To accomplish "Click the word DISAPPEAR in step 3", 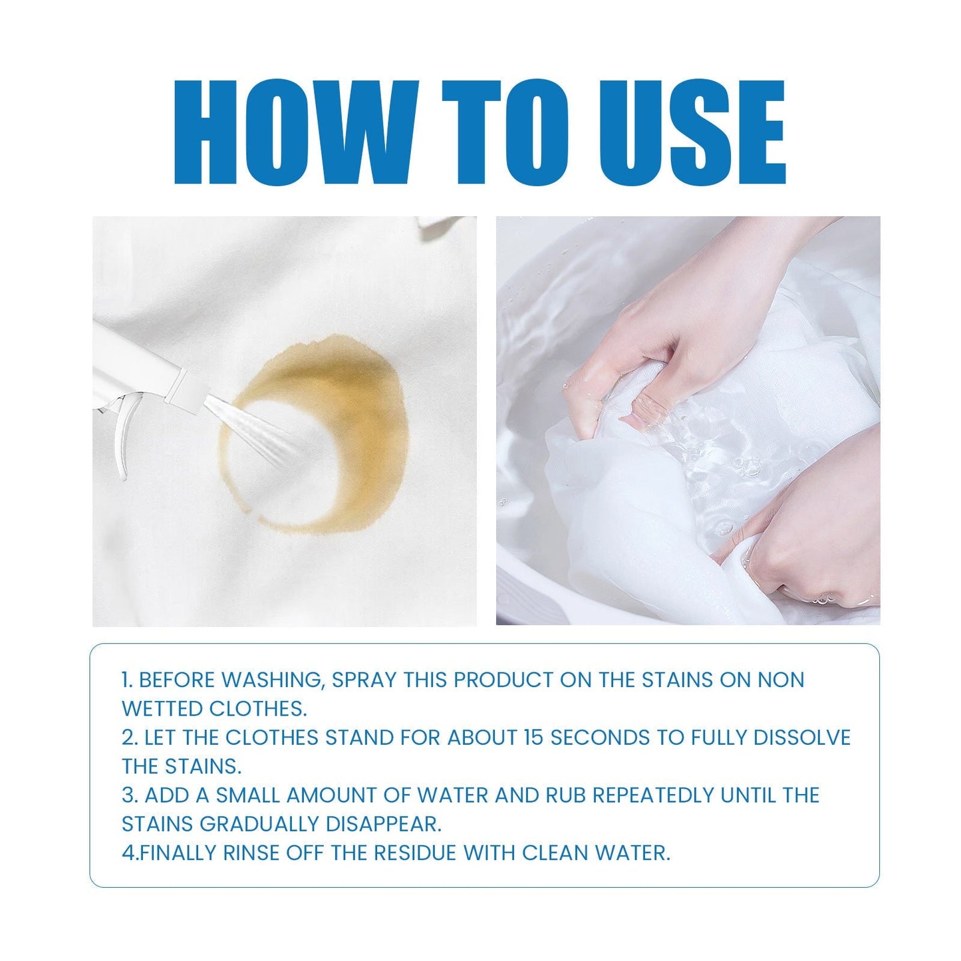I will [x=383, y=824].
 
